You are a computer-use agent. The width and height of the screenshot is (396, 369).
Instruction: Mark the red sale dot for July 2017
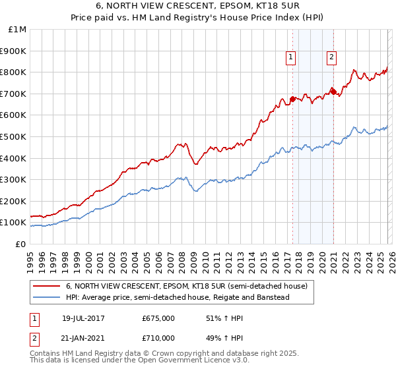tap(292, 99)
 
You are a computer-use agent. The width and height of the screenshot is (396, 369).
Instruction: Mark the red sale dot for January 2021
tap(333, 91)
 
